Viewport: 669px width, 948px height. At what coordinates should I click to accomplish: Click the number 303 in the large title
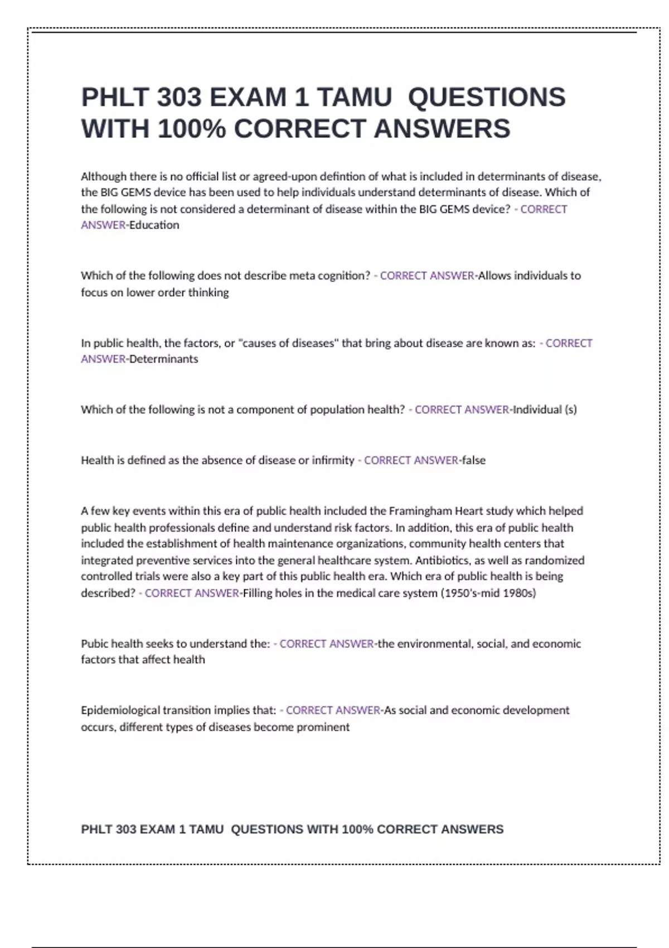pos(179,98)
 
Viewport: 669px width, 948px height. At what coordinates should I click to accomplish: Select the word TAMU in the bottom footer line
pos(206,830)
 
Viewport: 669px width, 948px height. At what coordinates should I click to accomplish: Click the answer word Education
pos(154,225)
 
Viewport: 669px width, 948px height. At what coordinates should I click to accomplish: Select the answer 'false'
pos(474,461)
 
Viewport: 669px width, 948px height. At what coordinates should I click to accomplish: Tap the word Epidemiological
pos(120,710)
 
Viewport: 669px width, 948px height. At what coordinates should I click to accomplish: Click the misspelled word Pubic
pos(94,644)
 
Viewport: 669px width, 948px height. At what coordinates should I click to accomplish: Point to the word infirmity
pos(333,461)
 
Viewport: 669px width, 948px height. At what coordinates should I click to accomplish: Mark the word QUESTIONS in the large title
pos(487,98)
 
